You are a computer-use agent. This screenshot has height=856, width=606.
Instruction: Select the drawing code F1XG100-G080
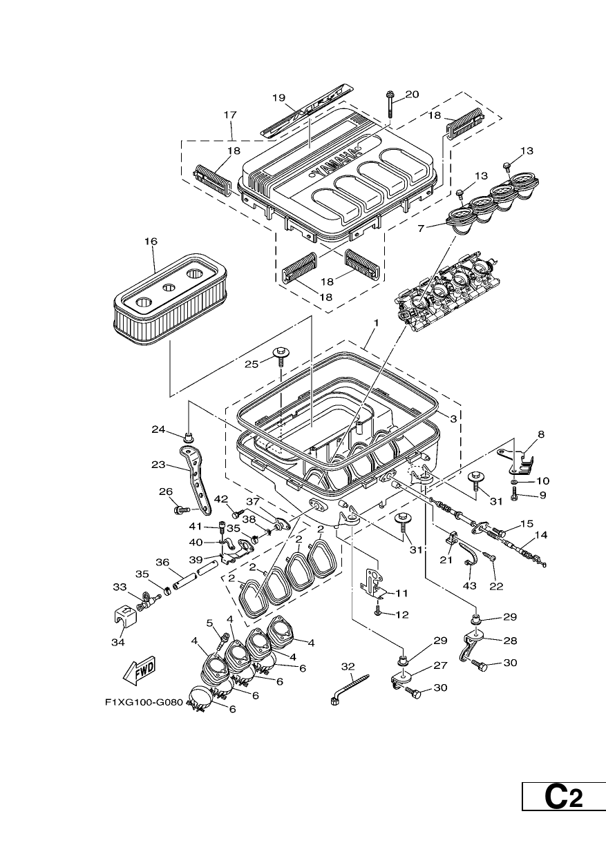(x=144, y=702)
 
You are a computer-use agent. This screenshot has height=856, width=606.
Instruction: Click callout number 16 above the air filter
(x=151, y=241)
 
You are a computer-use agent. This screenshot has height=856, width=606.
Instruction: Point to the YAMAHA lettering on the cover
(x=336, y=162)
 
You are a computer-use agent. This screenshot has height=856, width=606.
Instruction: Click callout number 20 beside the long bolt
(x=412, y=94)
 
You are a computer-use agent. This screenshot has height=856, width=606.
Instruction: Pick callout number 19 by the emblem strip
(x=279, y=97)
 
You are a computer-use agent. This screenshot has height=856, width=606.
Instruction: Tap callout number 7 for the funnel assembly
(x=422, y=228)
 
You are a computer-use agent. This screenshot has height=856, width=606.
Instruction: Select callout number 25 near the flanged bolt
(x=252, y=364)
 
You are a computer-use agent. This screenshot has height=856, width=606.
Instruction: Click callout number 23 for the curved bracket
(x=158, y=465)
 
